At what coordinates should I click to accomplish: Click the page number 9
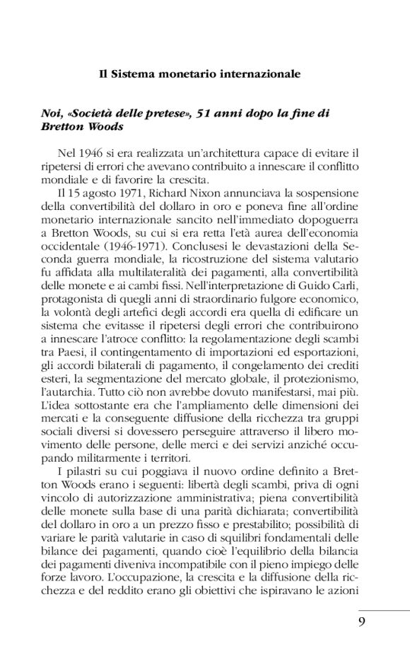click(361, 623)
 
